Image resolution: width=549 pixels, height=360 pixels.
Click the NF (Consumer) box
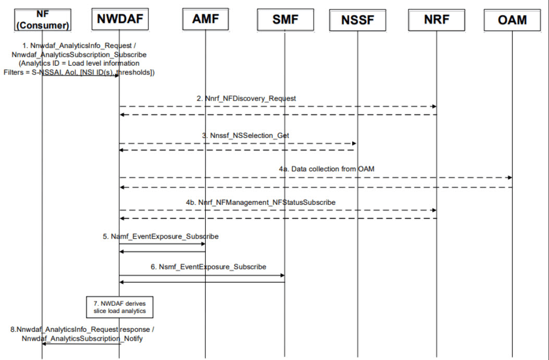pos(42,20)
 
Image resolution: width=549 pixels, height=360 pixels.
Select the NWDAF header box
pos(119,20)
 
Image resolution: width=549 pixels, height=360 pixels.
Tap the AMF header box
pos(205,20)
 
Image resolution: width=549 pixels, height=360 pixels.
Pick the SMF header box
pos(285,20)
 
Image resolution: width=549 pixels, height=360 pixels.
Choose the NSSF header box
pos(358,20)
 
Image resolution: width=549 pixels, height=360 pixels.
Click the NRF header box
pos(436,20)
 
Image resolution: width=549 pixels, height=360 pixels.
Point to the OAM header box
pos(512,20)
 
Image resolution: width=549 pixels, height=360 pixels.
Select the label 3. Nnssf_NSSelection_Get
pos(246,135)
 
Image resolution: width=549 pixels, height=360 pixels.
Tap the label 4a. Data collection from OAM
pos(327,169)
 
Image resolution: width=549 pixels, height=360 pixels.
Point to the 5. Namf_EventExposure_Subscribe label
pos(160,236)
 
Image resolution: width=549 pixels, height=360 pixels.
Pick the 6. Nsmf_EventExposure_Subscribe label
pos(208,266)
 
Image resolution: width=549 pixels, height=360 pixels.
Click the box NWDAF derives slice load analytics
pos(119,307)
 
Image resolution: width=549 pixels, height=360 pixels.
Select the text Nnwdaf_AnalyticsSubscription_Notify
pos(82,338)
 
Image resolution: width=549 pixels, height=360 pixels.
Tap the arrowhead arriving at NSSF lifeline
pos(355,143)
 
